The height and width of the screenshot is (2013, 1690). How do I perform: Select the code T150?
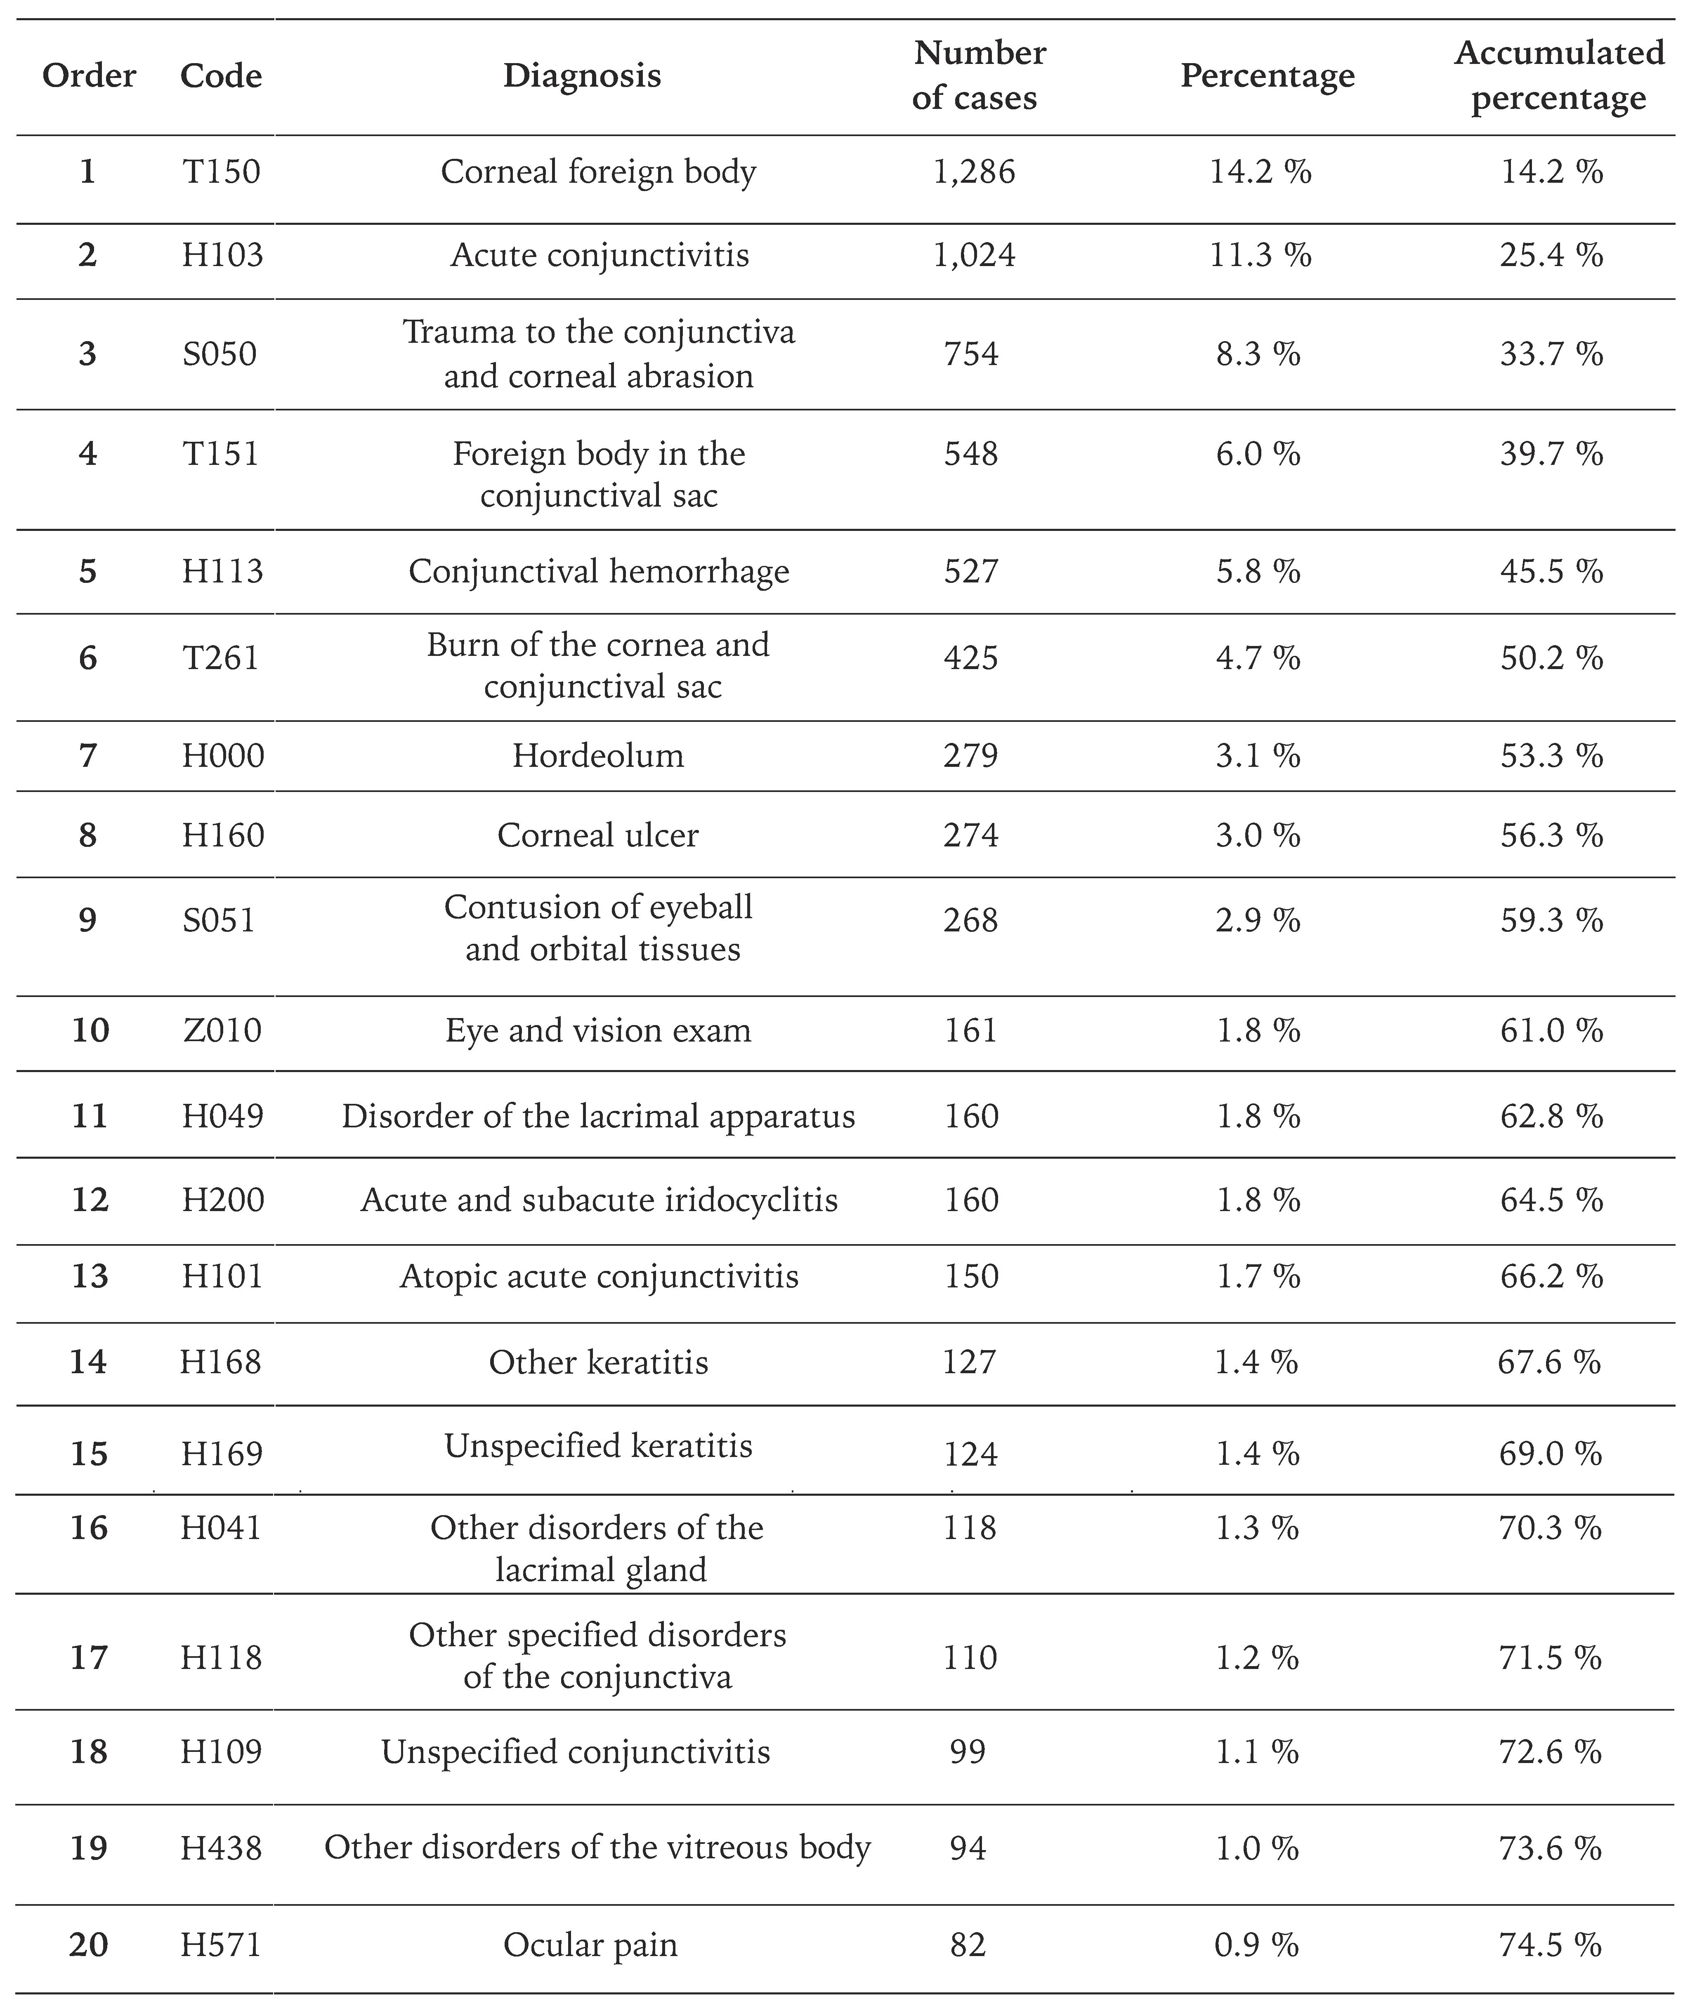[x=222, y=172]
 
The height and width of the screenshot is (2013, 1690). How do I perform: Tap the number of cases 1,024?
[x=974, y=255]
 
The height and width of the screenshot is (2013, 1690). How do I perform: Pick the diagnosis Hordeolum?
[x=598, y=755]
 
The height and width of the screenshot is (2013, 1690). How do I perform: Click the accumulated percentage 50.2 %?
[x=1551, y=658]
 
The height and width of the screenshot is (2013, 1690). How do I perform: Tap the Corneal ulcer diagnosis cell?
[x=598, y=835]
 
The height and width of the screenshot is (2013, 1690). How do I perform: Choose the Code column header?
[x=222, y=76]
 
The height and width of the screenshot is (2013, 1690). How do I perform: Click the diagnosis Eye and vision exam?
[x=598, y=1030]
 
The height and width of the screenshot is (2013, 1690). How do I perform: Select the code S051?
[x=220, y=920]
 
